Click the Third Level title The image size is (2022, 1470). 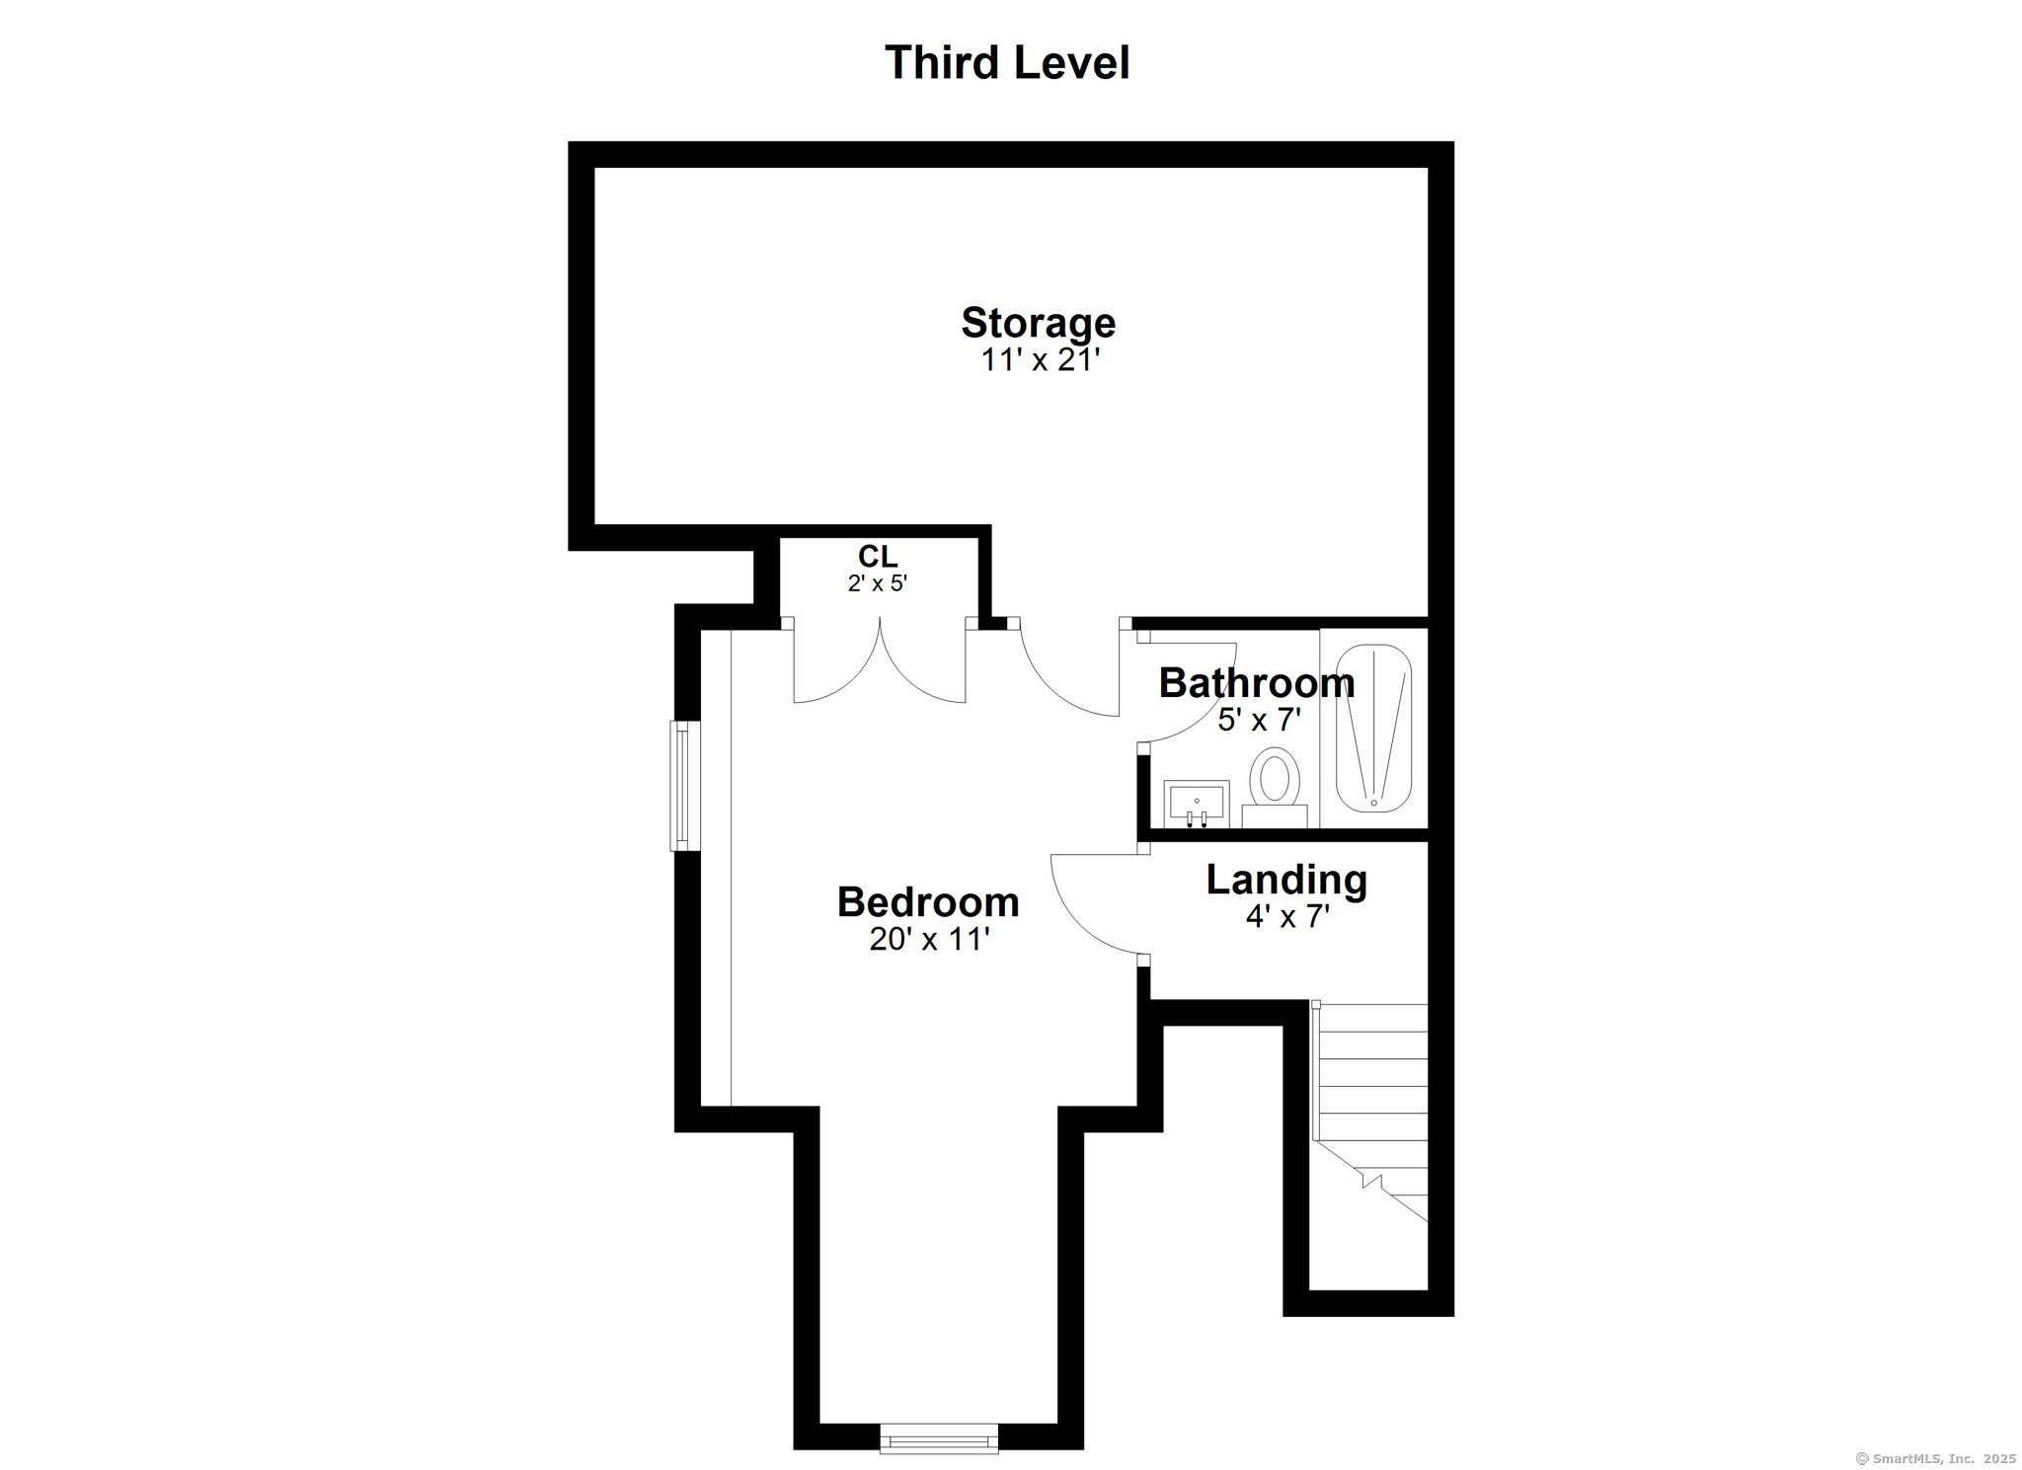click(x=1006, y=62)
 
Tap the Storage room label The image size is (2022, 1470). click(x=1038, y=323)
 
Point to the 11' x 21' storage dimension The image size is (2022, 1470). click(x=1039, y=360)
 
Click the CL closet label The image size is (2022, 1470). click(x=877, y=556)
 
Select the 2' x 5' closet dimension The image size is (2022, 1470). click(x=877, y=583)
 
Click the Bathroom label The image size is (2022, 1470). click(x=1256, y=682)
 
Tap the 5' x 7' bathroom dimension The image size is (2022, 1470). click(x=1259, y=720)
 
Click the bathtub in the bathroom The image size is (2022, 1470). click(x=1373, y=729)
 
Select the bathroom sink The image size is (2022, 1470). click(x=1196, y=803)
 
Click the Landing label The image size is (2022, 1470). click(x=1286, y=879)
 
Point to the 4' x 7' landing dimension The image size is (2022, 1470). click(x=1286, y=917)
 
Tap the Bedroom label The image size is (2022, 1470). click(x=927, y=901)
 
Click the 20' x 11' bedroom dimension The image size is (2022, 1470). click(x=928, y=939)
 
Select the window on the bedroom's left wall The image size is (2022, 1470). click(x=682, y=785)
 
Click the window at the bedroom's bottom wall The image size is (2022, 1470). click(x=938, y=1438)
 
